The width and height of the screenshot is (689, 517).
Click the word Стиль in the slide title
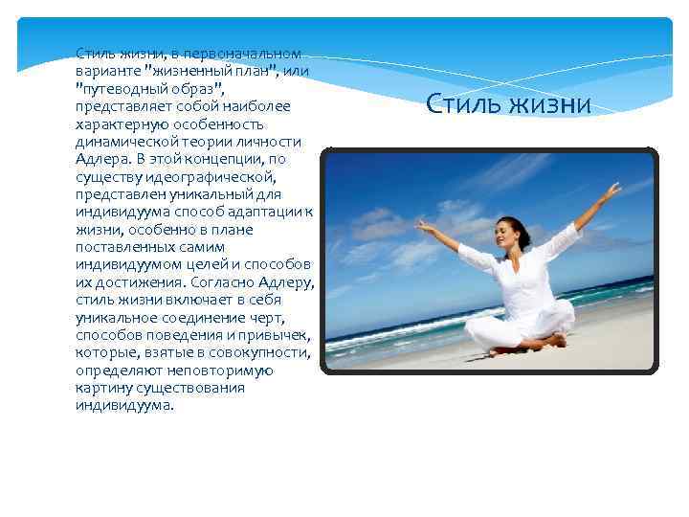460,103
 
